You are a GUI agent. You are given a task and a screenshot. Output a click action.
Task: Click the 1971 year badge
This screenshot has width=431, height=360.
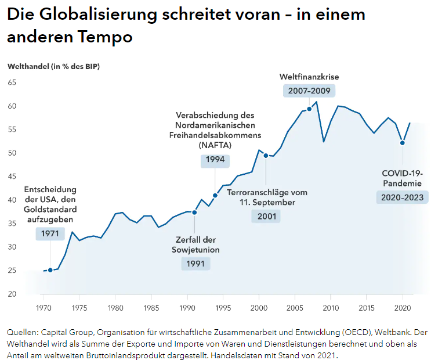coord(50,233)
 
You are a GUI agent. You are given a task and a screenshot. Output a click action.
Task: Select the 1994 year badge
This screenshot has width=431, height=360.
coord(215,160)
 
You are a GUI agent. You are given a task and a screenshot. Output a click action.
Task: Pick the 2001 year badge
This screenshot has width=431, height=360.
coord(266,216)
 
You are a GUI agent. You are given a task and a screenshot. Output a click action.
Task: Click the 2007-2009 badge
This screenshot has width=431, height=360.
coord(309,91)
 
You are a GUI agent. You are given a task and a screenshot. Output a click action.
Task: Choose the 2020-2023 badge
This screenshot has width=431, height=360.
coord(402,197)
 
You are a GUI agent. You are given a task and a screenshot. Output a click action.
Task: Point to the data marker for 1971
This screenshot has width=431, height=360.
coord(50,270)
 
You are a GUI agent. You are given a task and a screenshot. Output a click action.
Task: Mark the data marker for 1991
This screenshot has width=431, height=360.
coord(194,213)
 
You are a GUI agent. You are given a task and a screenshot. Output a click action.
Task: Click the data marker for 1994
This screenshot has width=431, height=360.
coord(215,195)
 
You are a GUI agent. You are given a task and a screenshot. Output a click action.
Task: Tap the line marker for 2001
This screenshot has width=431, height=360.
coord(266,156)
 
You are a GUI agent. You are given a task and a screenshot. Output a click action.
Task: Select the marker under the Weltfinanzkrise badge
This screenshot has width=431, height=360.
coord(309,109)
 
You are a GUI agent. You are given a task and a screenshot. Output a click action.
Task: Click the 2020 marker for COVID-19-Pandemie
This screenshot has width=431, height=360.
coord(402,143)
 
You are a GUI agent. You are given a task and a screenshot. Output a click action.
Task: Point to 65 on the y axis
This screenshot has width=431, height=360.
coord(12,82)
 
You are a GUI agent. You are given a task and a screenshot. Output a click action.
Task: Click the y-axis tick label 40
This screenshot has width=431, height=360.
coord(12,200)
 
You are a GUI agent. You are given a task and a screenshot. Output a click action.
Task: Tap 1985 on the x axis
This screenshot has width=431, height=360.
coord(151,307)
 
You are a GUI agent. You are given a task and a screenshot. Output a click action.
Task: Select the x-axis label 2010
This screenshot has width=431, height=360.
coord(331,307)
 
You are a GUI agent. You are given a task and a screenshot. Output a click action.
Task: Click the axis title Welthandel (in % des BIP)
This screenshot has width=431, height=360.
coord(53,66)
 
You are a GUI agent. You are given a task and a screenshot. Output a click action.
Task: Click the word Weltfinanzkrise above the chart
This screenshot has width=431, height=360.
coord(309,77)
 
